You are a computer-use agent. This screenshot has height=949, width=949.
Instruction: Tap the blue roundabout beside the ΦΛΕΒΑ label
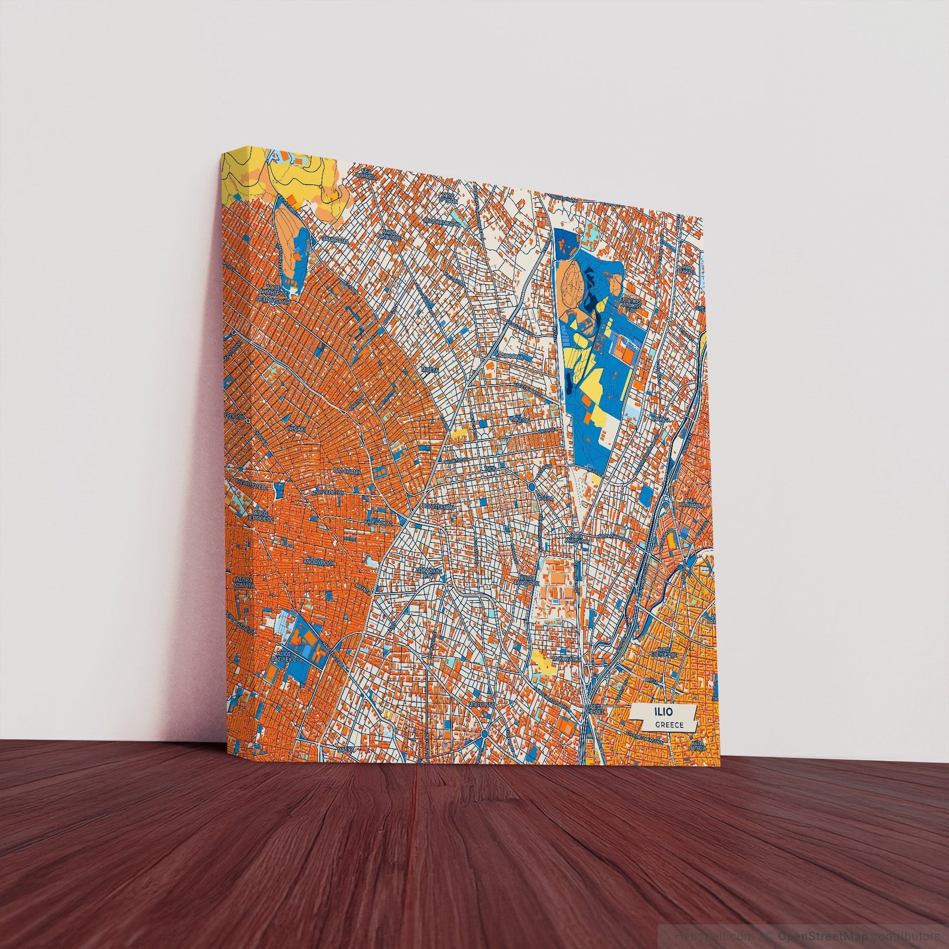(532, 487)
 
